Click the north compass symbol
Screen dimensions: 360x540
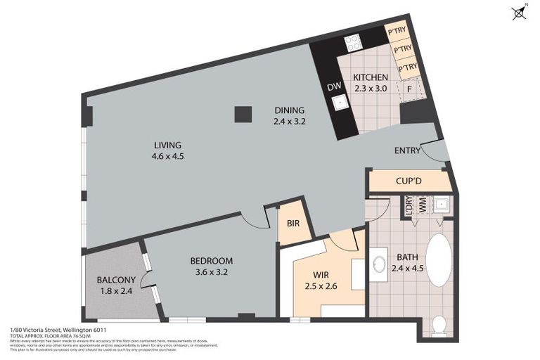(x=520, y=13)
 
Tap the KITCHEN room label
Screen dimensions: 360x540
(x=371, y=77)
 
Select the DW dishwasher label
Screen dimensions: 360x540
(x=334, y=87)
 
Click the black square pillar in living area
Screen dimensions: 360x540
(x=243, y=114)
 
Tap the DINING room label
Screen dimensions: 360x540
(x=289, y=110)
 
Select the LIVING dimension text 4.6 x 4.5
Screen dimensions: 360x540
(x=168, y=157)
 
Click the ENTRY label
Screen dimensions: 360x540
(x=408, y=150)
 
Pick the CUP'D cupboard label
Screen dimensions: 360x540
(x=409, y=181)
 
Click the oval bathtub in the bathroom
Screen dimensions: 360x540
(x=439, y=260)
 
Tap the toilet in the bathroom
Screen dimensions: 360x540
(x=439, y=324)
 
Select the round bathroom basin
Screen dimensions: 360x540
(x=379, y=264)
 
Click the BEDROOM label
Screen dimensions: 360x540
(x=212, y=261)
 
